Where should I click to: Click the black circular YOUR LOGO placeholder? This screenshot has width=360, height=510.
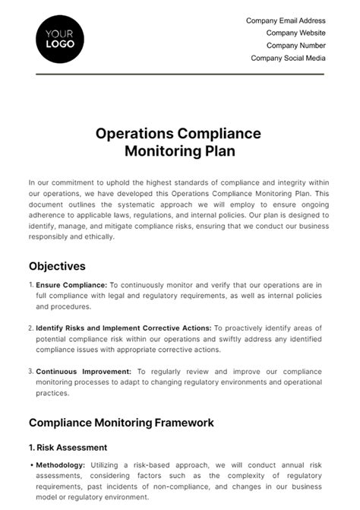coord(60,38)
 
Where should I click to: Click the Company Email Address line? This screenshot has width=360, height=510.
coord(286,21)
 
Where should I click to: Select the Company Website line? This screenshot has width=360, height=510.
coord(295,33)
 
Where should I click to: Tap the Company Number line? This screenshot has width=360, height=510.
coord(295,45)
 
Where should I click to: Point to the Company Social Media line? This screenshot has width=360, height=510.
coord(288,58)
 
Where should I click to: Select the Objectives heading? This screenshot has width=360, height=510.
coord(57,266)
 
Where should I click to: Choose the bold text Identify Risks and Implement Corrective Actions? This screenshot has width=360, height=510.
coord(124,328)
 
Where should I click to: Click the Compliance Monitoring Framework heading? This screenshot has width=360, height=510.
coord(121,423)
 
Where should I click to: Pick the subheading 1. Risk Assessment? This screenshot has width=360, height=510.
coord(68,448)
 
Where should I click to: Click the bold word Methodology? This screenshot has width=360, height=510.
coord(62,464)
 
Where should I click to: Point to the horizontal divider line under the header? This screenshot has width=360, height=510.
coord(180,74)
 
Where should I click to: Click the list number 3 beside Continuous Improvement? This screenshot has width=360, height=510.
coord(31,372)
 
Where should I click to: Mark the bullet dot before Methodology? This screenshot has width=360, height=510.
coord(30,464)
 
